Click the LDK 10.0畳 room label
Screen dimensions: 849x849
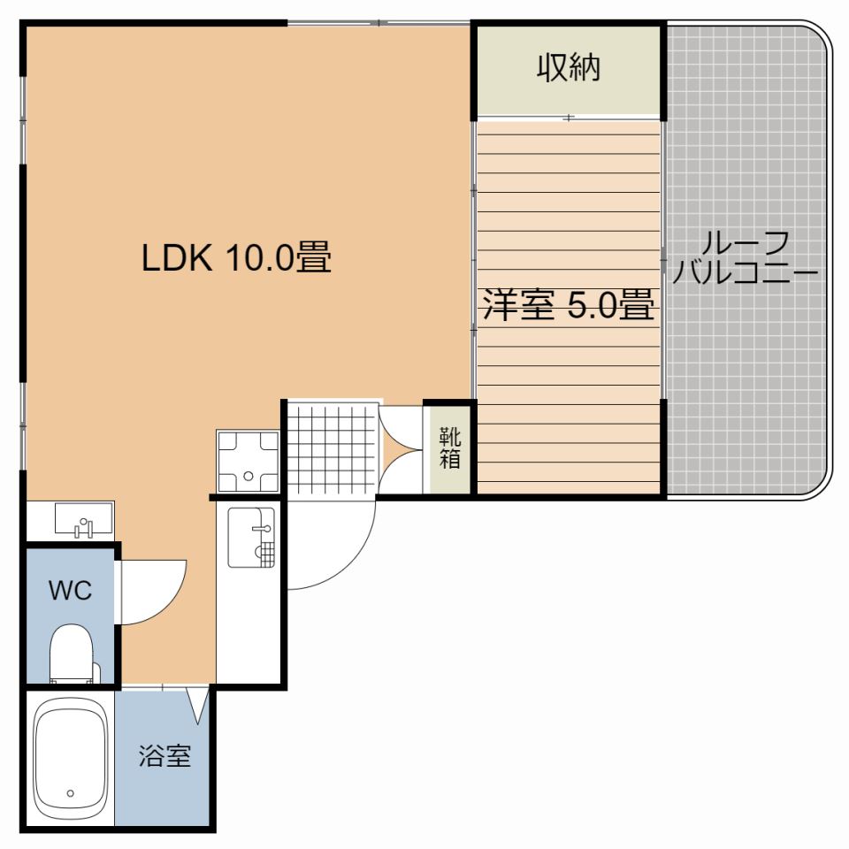236,257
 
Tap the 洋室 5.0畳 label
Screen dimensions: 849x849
569,305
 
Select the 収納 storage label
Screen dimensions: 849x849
569,68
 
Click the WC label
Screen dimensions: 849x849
71,590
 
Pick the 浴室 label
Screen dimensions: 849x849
165,756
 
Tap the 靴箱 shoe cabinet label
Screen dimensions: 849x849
450,447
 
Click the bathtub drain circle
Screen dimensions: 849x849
71,793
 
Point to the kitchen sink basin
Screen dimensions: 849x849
251,537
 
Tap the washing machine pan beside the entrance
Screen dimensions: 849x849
248,461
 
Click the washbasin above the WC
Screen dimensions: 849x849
84,519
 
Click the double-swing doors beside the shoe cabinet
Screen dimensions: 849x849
400,449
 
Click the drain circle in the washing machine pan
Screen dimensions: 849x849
249,476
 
